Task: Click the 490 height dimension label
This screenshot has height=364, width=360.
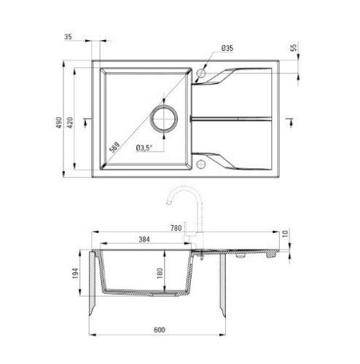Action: (59, 122)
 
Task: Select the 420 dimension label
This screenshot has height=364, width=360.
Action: (70, 122)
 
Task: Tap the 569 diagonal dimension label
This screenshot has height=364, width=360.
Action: (114, 147)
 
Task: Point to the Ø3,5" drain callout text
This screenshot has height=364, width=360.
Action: (144, 148)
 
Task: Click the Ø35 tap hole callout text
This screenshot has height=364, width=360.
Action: (227, 48)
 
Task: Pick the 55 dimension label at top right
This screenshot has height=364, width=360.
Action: (294, 47)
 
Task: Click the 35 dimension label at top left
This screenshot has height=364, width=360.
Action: (68, 37)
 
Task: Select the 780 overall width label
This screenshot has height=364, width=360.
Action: (176, 228)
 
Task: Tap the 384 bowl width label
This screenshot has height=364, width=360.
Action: (144, 240)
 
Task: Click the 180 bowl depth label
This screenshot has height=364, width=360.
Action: (160, 273)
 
